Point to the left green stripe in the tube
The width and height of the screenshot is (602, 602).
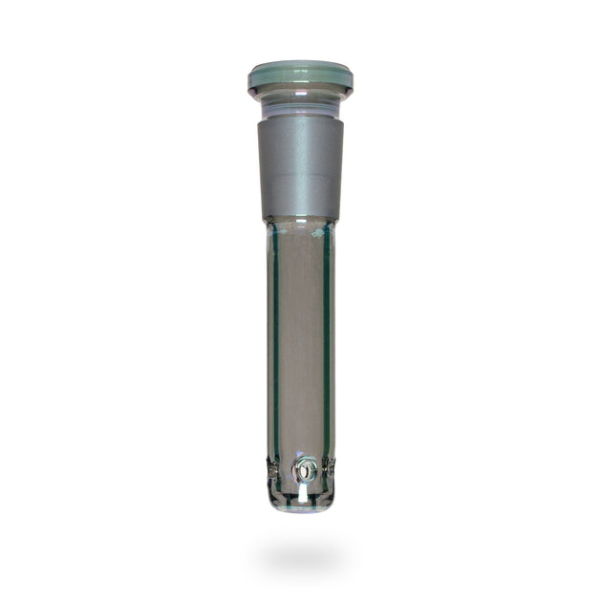tap(276, 334)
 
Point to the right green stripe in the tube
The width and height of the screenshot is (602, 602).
tap(326, 334)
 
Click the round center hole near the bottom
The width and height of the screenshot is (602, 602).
tap(305, 469)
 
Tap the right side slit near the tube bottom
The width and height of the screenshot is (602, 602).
tap(331, 468)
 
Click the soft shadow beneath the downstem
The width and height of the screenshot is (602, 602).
tap(301, 554)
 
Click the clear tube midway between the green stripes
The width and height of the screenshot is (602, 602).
tap(301, 334)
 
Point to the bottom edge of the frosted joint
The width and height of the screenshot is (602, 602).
tap(300, 217)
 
